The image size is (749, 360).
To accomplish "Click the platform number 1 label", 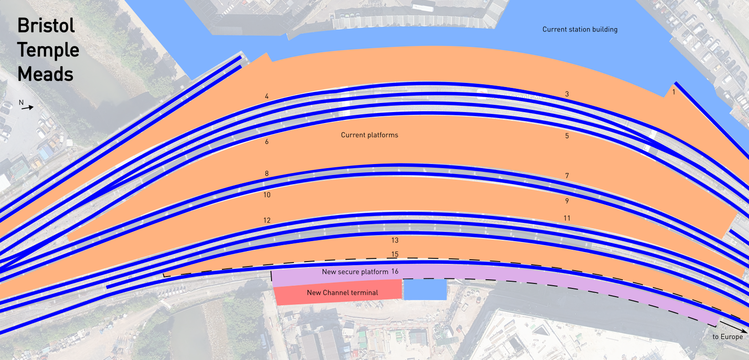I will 674,92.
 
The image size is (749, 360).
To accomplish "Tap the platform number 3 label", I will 567,94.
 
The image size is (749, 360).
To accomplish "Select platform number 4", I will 267,96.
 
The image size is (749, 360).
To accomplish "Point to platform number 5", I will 567,136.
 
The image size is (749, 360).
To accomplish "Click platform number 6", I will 267,142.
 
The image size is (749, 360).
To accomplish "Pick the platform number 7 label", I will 567,175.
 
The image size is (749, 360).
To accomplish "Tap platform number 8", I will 267,174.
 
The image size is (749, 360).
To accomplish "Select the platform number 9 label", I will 567,201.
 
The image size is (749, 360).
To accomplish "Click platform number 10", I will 267,195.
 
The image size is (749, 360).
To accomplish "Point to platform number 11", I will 567,218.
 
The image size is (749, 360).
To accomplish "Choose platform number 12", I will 267,220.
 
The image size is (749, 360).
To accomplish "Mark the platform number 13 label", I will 395,240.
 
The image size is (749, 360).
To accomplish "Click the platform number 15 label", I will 395,254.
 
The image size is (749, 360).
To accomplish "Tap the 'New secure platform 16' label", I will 360,272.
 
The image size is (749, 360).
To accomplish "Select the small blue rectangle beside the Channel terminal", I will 425,290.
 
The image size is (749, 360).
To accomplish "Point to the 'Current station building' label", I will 580,30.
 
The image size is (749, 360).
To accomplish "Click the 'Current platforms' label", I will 369,135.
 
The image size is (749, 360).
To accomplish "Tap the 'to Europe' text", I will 728,337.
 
